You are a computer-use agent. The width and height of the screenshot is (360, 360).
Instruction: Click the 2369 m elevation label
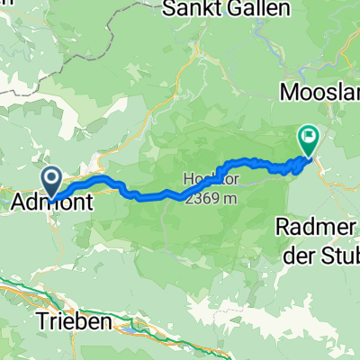(x=211, y=199)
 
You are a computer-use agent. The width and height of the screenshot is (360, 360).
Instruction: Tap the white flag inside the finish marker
(x=310, y=137)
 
